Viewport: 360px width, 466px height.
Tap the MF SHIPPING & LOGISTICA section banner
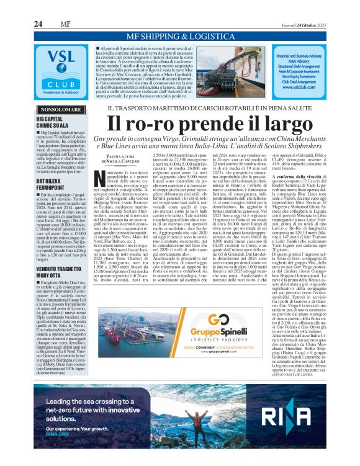[x=179, y=37]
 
